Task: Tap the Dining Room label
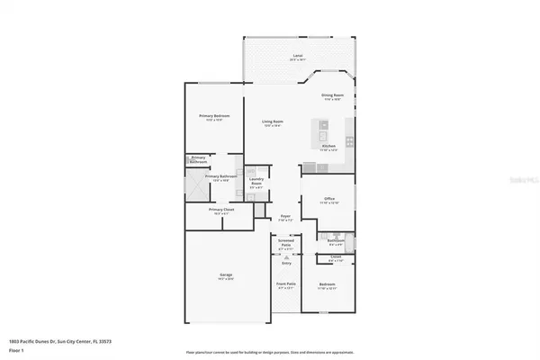pyautogui.click(x=333, y=95)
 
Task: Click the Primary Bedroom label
pyautogui.click(x=214, y=116)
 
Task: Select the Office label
pyautogui.click(x=331, y=199)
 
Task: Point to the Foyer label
pyautogui.click(x=285, y=217)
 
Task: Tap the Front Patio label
pyautogui.click(x=285, y=286)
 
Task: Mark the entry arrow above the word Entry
pyautogui.click(x=286, y=257)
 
